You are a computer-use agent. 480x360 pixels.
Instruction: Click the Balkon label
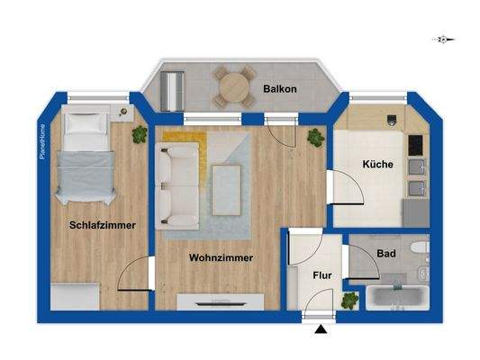(x=282, y=89)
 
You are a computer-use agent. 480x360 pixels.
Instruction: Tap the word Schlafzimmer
(x=103, y=225)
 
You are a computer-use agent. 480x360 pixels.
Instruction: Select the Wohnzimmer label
(x=221, y=257)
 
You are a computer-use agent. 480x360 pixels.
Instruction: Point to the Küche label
(x=376, y=166)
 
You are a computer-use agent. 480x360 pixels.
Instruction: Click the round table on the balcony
(x=232, y=88)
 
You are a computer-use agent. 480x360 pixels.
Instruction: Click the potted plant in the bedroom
(x=140, y=135)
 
